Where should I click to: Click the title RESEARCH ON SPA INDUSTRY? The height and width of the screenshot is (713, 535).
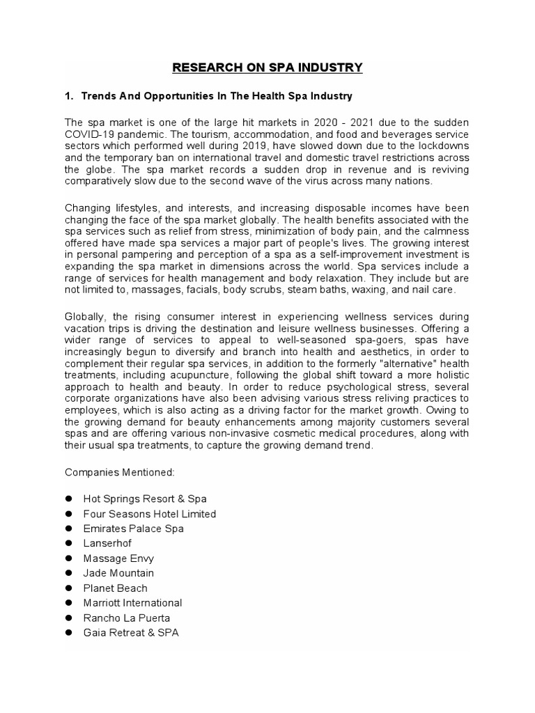click(x=267, y=68)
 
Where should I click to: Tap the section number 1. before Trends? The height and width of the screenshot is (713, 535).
click(x=70, y=95)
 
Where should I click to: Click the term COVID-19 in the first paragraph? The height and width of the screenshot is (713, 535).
click(x=89, y=134)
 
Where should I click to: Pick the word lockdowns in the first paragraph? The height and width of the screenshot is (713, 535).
click(x=442, y=146)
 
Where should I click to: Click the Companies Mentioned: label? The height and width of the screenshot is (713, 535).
click(x=120, y=472)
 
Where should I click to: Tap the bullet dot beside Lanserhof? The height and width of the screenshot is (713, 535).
click(x=70, y=543)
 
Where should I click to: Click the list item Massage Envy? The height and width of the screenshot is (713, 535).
click(x=118, y=558)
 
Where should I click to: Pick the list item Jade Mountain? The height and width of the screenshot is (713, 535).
click(x=118, y=573)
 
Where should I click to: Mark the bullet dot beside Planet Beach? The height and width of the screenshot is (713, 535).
click(x=70, y=588)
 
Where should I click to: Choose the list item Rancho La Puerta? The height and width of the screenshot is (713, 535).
click(x=126, y=618)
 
